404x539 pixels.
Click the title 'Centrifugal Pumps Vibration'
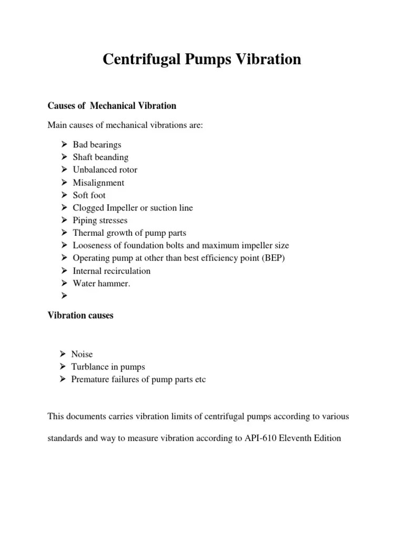[202, 59]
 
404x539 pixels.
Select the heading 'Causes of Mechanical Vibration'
[112, 106]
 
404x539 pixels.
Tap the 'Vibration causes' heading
[80, 316]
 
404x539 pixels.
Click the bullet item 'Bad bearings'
[97, 145]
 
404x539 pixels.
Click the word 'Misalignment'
[98, 183]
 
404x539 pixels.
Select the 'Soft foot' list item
[89, 195]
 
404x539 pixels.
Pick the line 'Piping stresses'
[100, 221]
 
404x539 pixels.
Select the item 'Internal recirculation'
[112, 271]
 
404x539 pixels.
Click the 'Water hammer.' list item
[101, 284]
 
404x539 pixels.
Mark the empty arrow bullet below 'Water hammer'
[64, 296]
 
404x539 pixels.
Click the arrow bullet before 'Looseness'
[64, 246]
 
